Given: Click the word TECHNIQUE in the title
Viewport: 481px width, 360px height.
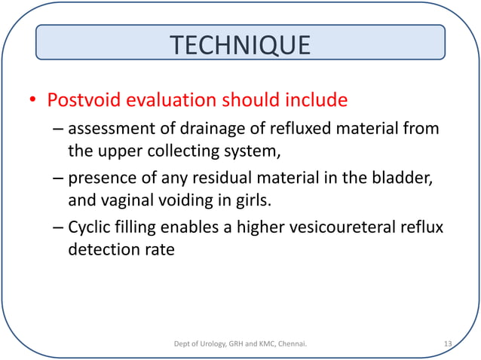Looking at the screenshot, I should [240, 45].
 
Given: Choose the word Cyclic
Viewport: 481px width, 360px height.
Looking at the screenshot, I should [92, 228].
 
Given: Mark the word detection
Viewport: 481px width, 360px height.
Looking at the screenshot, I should [104, 249].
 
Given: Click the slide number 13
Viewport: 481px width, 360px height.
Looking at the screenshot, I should [447, 344].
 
